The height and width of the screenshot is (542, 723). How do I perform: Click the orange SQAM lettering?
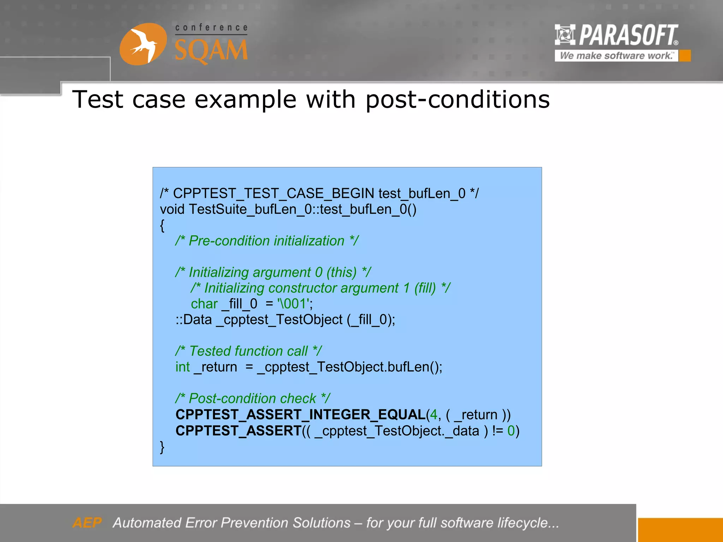pyautogui.click(x=211, y=50)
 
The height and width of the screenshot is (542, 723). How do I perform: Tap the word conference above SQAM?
pyautogui.click(x=211, y=28)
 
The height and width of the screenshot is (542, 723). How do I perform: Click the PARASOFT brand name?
pyautogui.click(x=628, y=35)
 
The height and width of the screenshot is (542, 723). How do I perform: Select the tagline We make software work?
pyautogui.click(x=616, y=56)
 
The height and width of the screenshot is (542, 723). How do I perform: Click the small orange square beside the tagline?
pyautogui.click(x=685, y=56)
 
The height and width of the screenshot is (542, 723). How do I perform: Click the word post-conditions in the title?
pyautogui.click(x=458, y=100)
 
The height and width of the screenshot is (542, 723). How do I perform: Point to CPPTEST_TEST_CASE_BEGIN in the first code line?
pyautogui.click(x=274, y=193)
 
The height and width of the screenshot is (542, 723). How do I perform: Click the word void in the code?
pyautogui.click(x=172, y=209)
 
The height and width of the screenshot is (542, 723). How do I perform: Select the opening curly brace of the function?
pyautogui.click(x=162, y=225)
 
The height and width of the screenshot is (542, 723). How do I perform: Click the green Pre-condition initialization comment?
pyautogui.click(x=267, y=241)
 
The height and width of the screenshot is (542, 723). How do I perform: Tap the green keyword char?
pyautogui.click(x=204, y=304)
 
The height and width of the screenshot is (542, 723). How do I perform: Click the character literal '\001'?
pyautogui.click(x=294, y=304)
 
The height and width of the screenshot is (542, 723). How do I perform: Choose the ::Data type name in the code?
pyautogui.click(x=194, y=320)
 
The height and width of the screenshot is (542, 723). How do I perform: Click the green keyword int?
pyautogui.click(x=183, y=367)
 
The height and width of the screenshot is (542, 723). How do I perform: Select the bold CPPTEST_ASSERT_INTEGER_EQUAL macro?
pyautogui.click(x=300, y=415)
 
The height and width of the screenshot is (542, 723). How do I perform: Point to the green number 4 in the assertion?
pyautogui.click(x=433, y=415)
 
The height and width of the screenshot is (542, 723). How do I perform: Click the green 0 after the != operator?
pyautogui.click(x=511, y=431)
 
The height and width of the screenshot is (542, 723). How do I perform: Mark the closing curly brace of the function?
pyautogui.click(x=162, y=447)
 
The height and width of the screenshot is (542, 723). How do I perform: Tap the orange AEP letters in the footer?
pyautogui.click(x=87, y=523)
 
